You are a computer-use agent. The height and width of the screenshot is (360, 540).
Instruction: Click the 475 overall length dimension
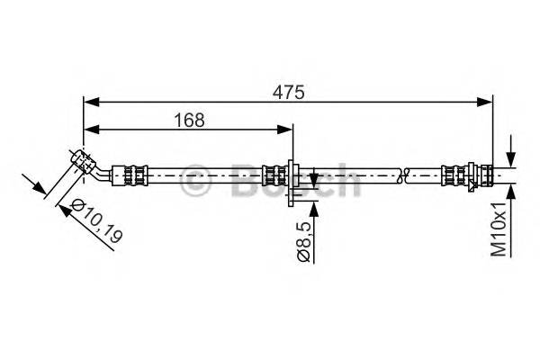[289, 90]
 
